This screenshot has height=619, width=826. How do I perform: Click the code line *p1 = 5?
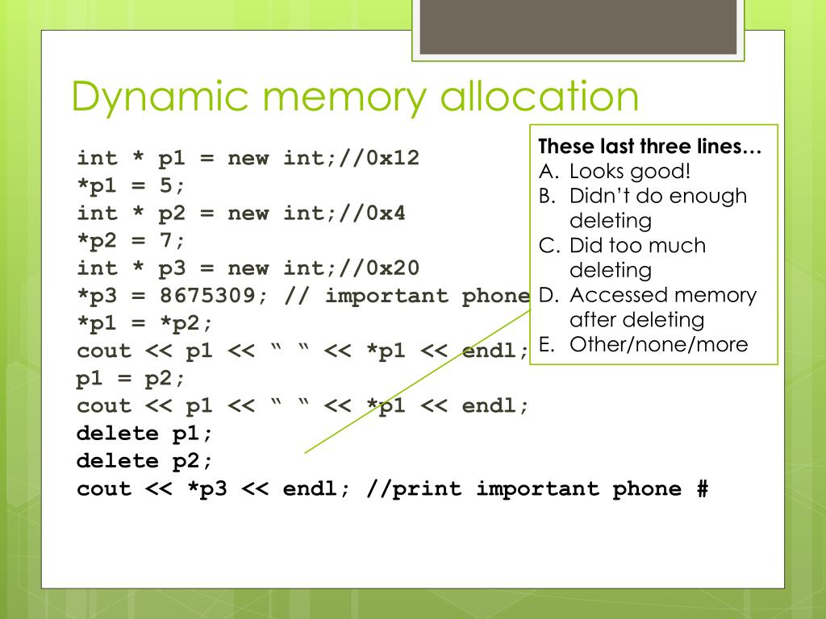(131, 185)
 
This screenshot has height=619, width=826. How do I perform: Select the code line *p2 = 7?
(131, 240)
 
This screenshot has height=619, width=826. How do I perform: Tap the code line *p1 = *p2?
(145, 322)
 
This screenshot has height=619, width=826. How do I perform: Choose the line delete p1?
(145, 433)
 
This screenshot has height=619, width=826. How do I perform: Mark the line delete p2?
(145, 460)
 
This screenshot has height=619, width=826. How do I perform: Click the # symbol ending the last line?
(701, 488)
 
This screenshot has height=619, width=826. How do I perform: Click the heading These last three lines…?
(649, 147)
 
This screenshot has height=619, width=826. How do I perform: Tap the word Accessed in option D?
(618, 295)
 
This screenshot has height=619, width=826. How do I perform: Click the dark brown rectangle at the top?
(578, 27)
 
